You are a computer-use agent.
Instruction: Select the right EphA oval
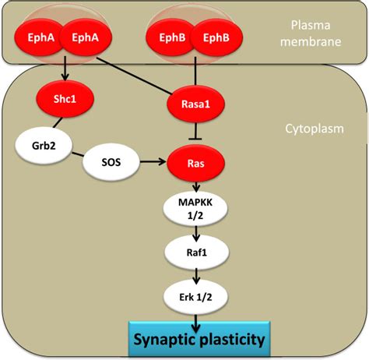(86, 37)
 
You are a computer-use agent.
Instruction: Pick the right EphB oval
(216, 37)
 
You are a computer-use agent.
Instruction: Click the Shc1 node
(65, 99)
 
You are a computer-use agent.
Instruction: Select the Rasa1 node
(195, 104)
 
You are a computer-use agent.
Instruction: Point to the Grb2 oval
(44, 146)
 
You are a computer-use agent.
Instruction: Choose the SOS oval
(111, 162)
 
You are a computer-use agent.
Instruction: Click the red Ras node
(195, 164)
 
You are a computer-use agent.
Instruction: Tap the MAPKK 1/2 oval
(195, 209)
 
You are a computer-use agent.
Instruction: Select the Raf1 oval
(197, 252)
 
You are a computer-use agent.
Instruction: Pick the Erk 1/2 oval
(195, 297)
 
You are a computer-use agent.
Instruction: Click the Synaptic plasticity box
(199, 339)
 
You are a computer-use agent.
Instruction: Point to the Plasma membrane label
(311, 34)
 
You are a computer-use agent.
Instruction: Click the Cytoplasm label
(315, 129)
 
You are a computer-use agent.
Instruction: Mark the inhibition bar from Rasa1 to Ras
(195, 131)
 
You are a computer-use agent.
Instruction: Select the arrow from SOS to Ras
(153, 162)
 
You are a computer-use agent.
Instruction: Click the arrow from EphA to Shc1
(65, 69)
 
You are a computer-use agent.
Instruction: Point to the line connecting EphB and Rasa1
(195, 71)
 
